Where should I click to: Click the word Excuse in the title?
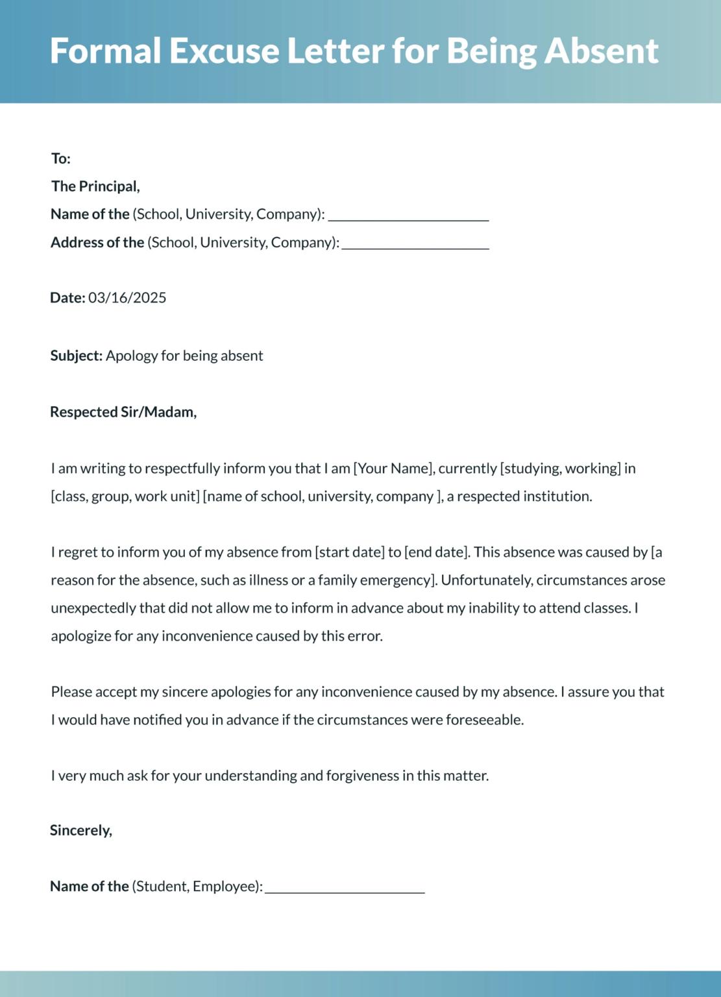coord(224,51)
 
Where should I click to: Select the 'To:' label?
coord(61,158)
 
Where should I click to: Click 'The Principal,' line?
coord(95,186)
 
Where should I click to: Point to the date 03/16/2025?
coord(127,297)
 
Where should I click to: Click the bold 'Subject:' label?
coord(77,356)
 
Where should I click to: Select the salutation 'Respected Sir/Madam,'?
coord(123,412)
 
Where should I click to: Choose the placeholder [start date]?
coord(350,552)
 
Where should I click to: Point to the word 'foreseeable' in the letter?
coord(484,719)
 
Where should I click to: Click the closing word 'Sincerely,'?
coord(81,830)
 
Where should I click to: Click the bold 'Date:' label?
coord(67,297)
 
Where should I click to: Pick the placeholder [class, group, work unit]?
coord(125,496)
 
